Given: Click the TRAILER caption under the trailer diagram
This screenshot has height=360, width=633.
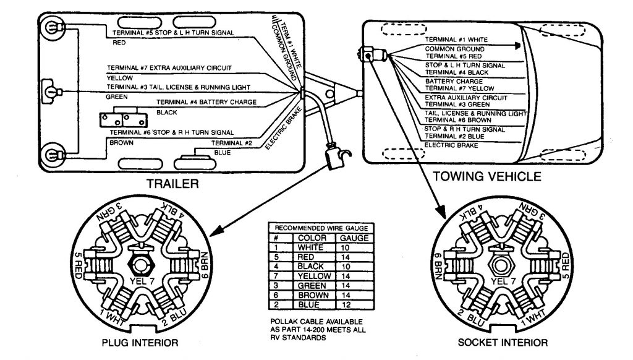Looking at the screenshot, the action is [x=172, y=184].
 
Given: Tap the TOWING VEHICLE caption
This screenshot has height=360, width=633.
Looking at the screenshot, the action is [x=487, y=176].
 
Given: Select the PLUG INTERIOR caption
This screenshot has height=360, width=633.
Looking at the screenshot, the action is [x=140, y=343].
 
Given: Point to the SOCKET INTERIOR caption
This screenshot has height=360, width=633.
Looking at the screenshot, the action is [x=503, y=343].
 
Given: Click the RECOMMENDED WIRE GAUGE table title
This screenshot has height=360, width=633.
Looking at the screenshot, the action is [x=321, y=228].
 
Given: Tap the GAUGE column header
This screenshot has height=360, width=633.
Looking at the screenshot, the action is [x=354, y=238].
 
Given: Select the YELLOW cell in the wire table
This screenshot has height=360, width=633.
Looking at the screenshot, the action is [x=315, y=276].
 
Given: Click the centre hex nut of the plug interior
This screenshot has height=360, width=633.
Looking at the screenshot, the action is [x=140, y=265].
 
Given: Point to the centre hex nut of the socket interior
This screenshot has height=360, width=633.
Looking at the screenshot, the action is [x=501, y=265].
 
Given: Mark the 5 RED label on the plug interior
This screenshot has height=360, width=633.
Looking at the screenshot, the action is [x=77, y=265].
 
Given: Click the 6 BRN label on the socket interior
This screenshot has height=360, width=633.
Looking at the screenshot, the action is [x=438, y=265].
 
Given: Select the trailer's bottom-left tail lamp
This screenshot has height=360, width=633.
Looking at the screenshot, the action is [x=53, y=155].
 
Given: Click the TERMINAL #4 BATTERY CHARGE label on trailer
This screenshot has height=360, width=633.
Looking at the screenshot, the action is [x=206, y=102].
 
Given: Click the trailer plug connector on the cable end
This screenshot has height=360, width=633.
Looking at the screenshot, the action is [x=335, y=155].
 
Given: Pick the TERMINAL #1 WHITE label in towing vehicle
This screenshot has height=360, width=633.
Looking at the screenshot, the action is [x=456, y=40].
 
